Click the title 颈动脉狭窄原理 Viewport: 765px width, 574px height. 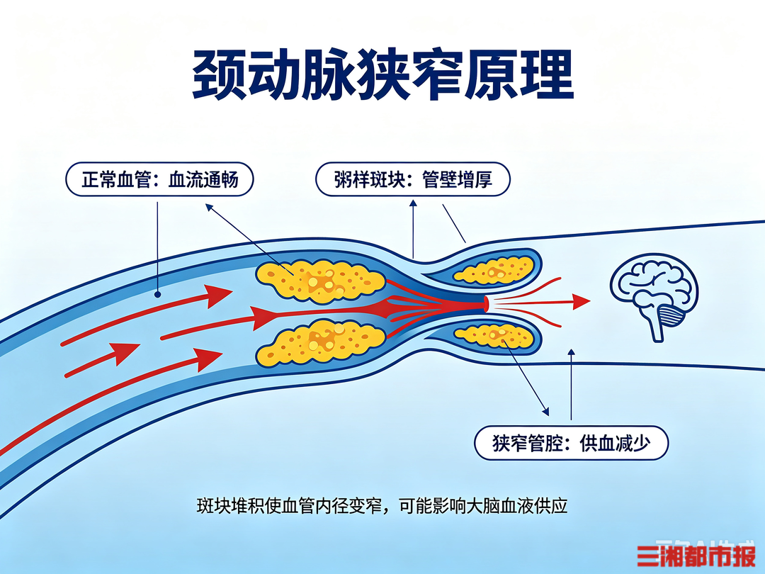[x=382, y=74]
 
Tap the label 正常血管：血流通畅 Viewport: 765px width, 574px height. [x=159, y=179]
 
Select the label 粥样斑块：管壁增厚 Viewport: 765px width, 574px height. [x=413, y=179]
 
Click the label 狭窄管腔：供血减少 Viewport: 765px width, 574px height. [x=572, y=443]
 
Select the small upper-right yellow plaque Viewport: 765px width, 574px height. [x=494, y=270]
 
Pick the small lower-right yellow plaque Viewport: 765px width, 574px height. [x=493, y=336]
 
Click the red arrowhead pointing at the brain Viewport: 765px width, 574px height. [x=582, y=302]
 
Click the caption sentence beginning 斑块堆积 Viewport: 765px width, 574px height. [x=382, y=506]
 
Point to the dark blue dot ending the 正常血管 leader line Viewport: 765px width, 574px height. [x=157, y=294]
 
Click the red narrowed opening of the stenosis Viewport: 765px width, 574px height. [x=487, y=303]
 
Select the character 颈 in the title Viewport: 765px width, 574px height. [x=219, y=74]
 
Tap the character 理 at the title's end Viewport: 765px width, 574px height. [x=547, y=74]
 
